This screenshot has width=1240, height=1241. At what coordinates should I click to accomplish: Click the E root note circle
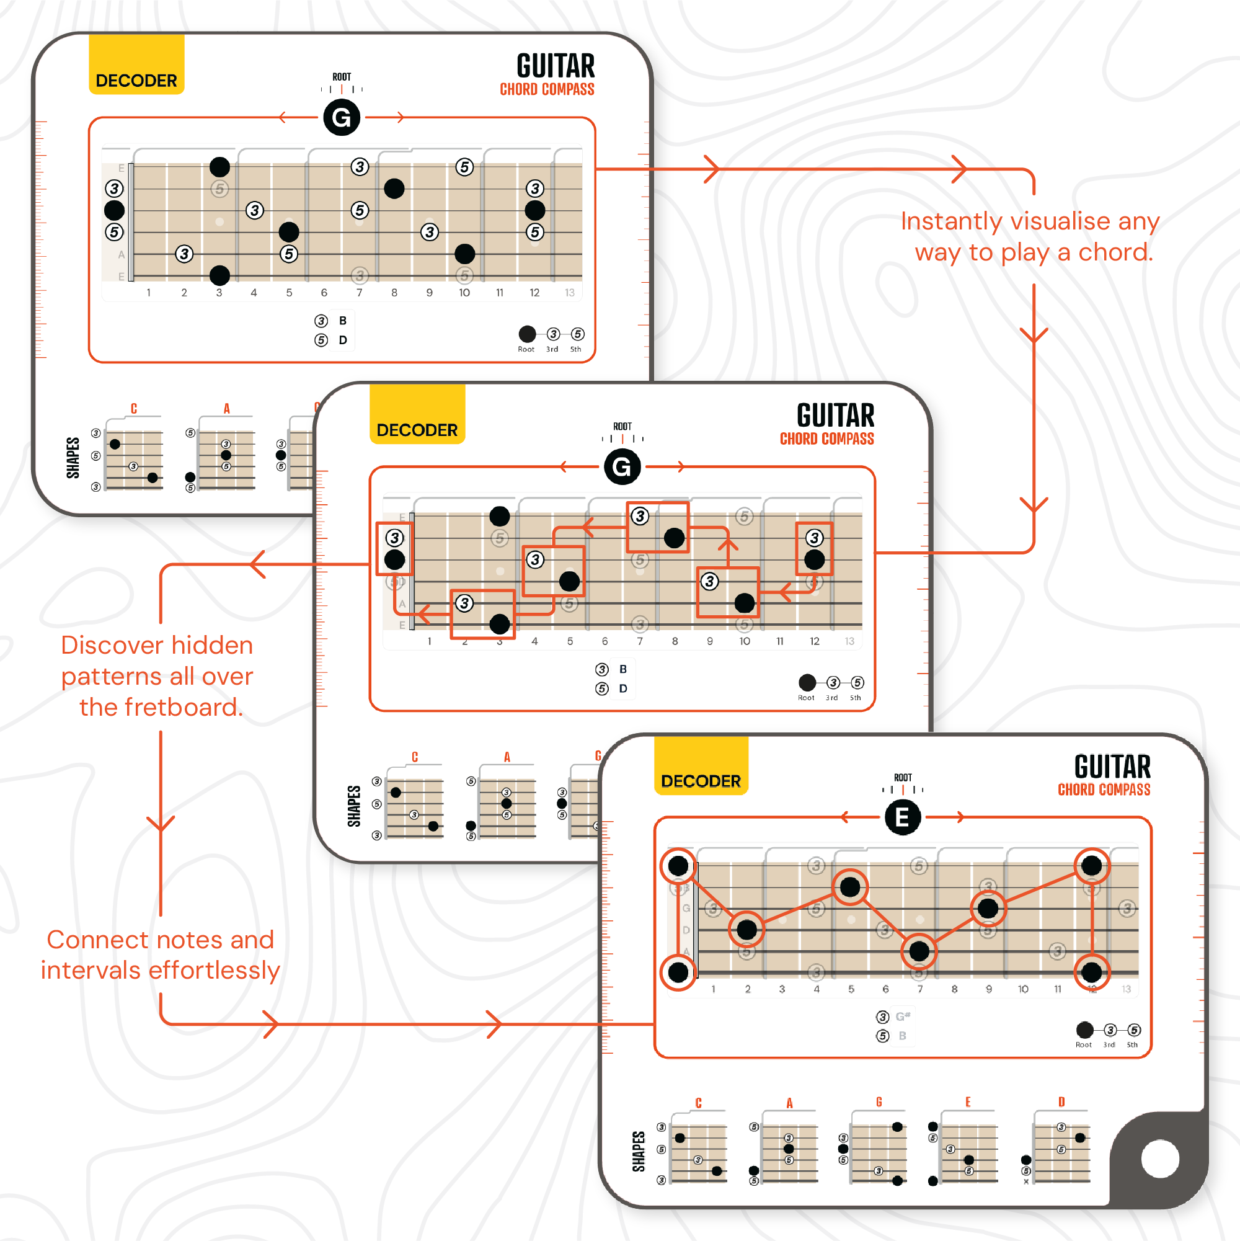pyautogui.click(x=902, y=817)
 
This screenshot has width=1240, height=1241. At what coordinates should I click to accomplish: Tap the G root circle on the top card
pyautogui.click(x=341, y=118)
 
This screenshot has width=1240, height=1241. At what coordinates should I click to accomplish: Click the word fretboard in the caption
pyautogui.click(x=184, y=707)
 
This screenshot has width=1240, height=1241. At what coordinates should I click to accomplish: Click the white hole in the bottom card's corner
pyautogui.click(x=1160, y=1159)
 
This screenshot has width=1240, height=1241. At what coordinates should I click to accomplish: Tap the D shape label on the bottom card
pyautogui.click(x=1061, y=1101)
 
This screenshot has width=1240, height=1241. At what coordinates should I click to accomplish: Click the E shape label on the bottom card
pyautogui.click(x=968, y=1101)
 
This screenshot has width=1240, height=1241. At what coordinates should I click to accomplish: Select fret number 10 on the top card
pyautogui.click(x=464, y=293)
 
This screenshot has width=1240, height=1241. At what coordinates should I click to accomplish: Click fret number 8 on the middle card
pyautogui.click(x=675, y=641)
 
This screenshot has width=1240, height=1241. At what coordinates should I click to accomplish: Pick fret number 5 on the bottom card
pyautogui.click(x=851, y=989)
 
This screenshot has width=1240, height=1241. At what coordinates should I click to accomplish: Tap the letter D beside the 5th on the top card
pyautogui.click(x=343, y=340)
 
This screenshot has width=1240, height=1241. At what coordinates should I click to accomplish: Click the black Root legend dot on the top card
pyautogui.click(x=527, y=334)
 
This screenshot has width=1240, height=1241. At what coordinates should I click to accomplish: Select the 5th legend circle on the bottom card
pyautogui.click(x=1134, y=1030)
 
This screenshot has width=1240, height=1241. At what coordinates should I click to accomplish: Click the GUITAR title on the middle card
pyautogui.click(x=835, y=416)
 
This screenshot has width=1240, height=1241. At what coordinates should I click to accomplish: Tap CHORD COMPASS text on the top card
pyautogui.click(x=547, y=89)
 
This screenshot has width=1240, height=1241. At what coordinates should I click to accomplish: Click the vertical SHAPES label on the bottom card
pyautogui.click(x=639, y=1151)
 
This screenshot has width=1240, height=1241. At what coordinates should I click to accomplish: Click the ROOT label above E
pyautogui.click(x=902, y=777)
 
